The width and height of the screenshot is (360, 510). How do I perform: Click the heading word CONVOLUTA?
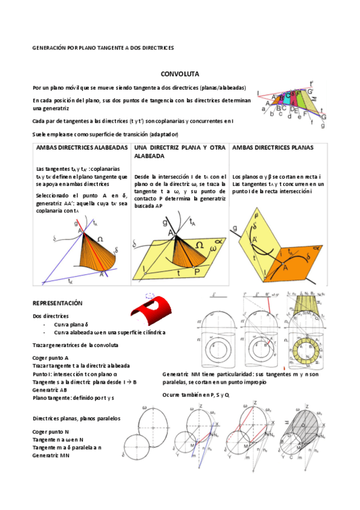[x=175, y=73]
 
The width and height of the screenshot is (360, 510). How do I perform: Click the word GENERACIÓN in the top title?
[x=49, y=46]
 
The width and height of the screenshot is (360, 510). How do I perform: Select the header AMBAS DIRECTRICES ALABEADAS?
[x=82, y=147]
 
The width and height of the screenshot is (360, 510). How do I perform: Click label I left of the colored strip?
[x=258, y=93]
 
